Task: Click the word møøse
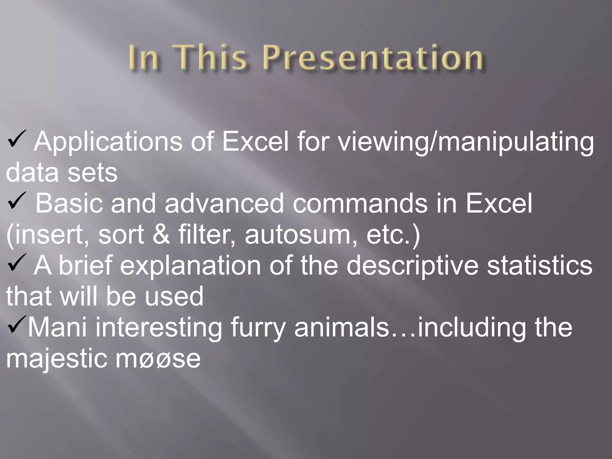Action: point(158,359)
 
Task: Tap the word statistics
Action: point(539,266)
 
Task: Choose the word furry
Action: point(258,328)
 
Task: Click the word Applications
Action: point(108,142)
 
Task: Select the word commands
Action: point(360,204)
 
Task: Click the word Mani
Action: point(57,328)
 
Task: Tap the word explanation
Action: point(191,266)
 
